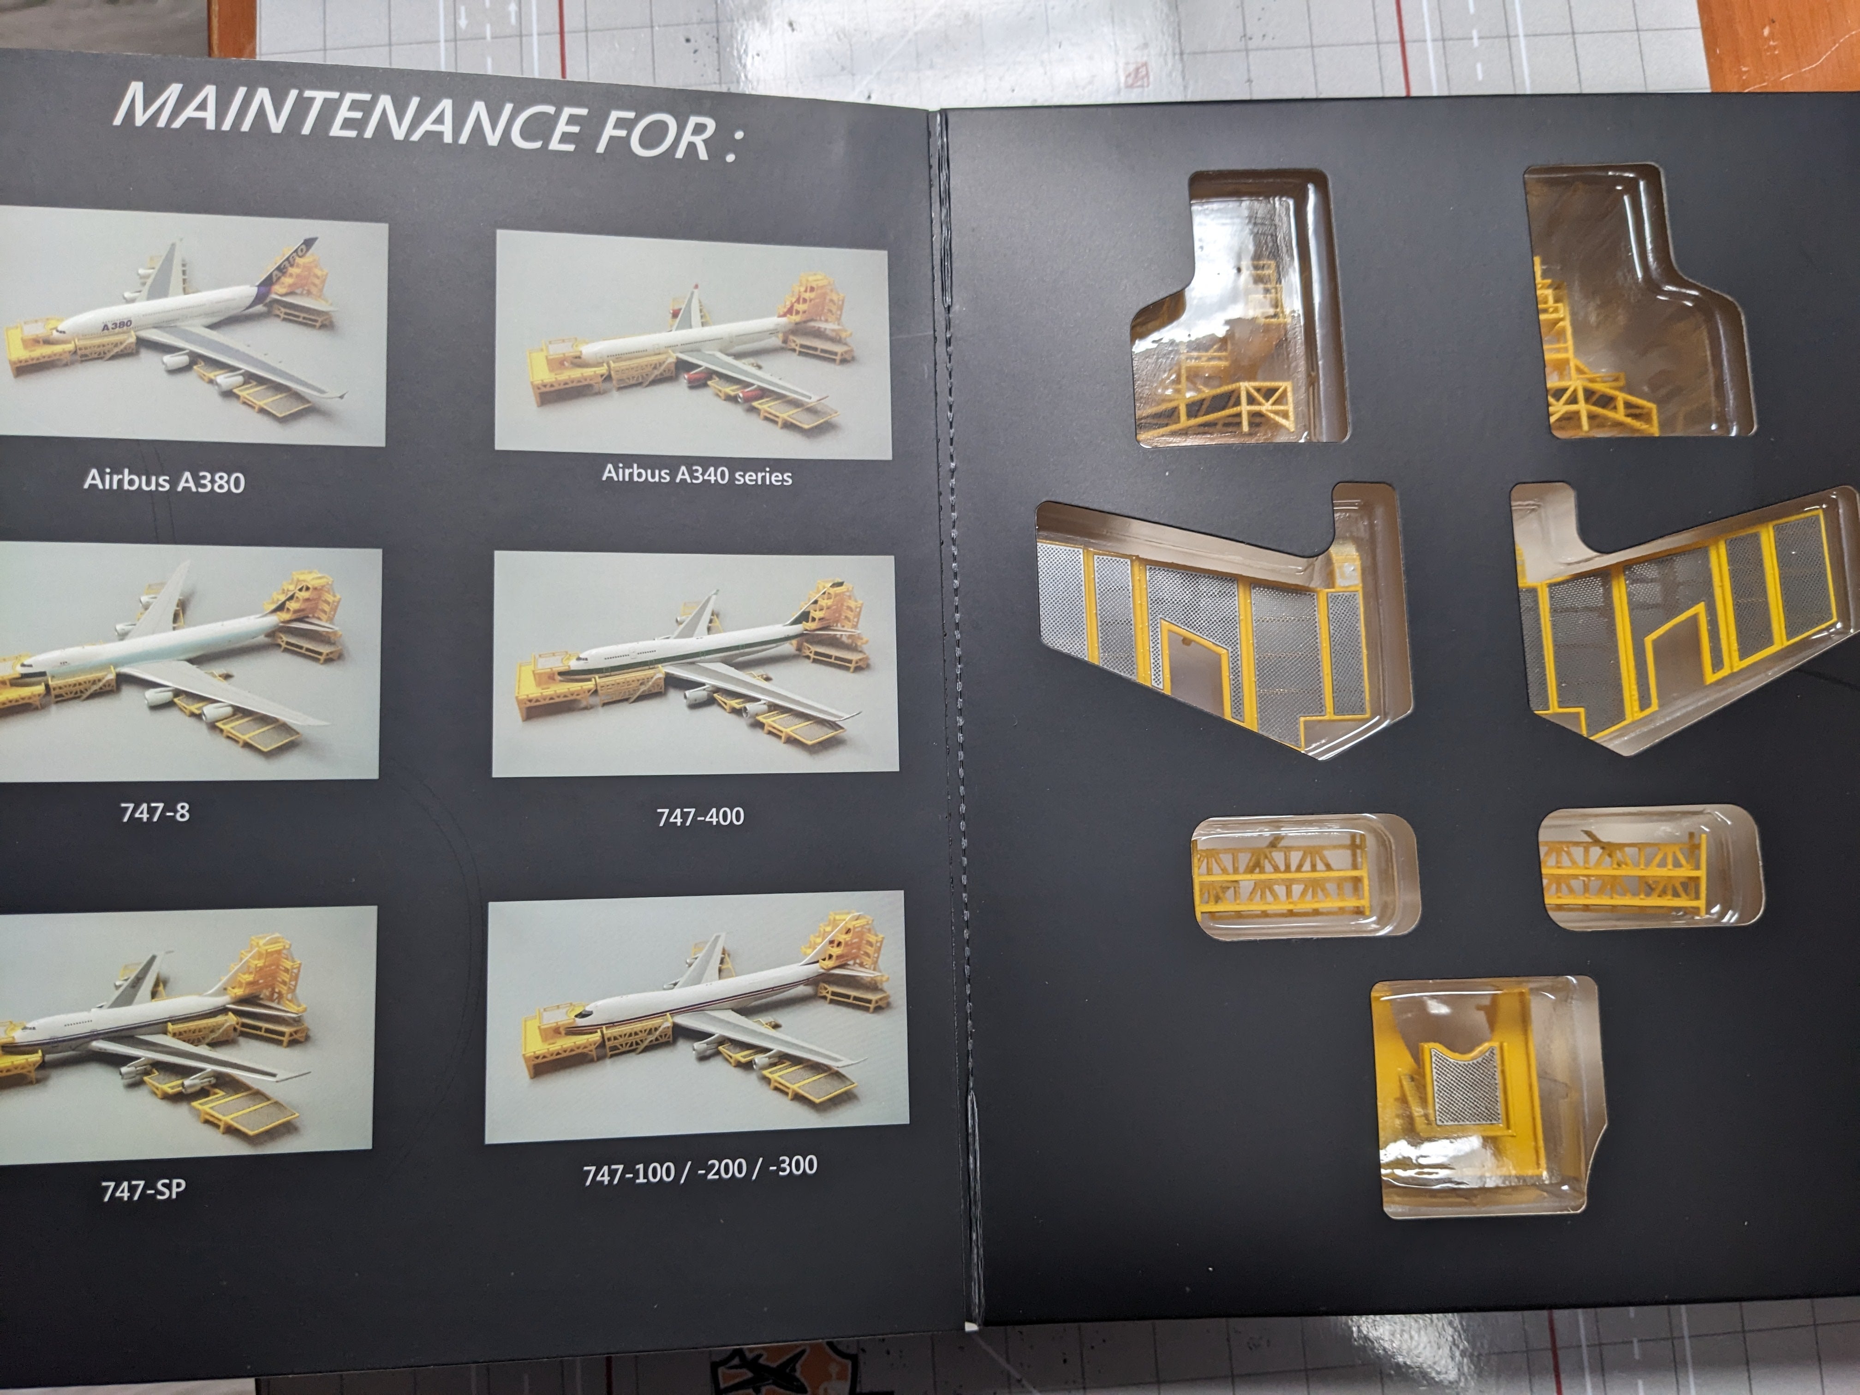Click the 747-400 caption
[700, 816]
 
